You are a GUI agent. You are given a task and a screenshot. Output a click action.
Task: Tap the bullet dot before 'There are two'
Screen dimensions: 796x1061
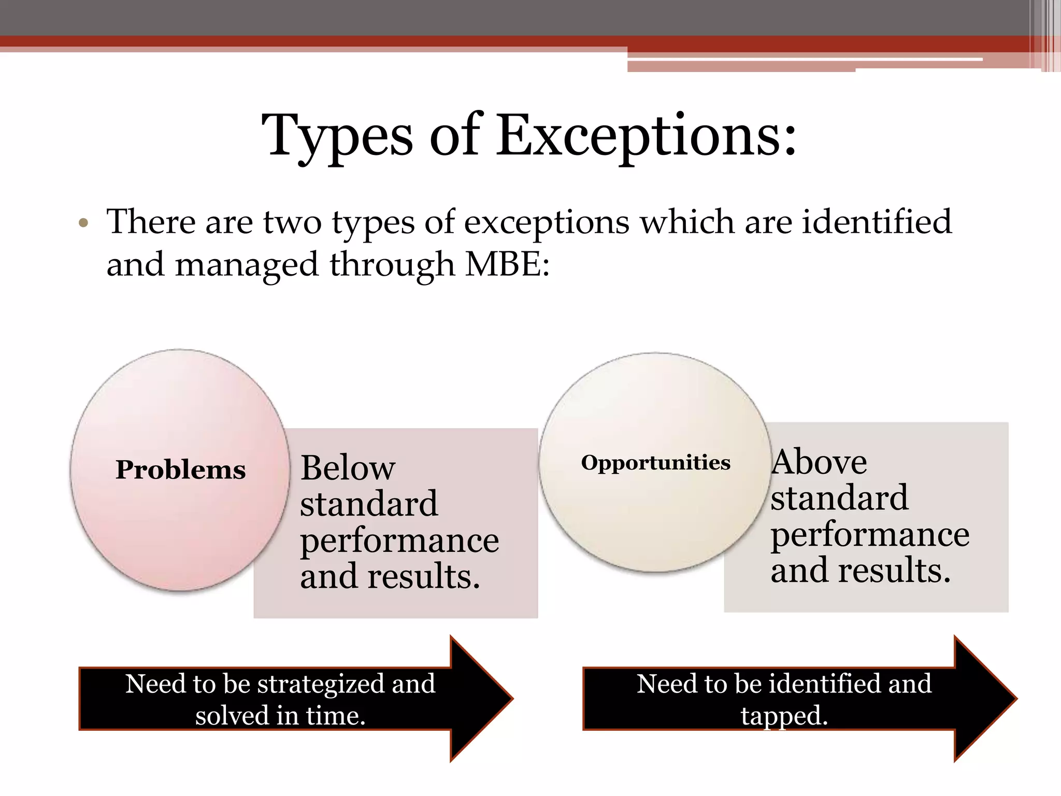pos(83,224)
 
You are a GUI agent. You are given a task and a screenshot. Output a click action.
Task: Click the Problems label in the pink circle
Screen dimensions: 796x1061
pos(180,470)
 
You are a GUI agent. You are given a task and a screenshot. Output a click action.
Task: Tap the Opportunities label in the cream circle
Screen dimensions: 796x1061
pos(655,462)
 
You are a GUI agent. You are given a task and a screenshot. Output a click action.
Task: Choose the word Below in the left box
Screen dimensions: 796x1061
pos(348,467)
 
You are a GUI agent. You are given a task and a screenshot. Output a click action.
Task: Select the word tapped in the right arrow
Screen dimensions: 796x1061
pos(784,716)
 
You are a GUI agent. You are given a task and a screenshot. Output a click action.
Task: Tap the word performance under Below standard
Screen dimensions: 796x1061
pos(399,541)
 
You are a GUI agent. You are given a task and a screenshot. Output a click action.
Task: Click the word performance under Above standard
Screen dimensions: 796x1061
pos(870,534)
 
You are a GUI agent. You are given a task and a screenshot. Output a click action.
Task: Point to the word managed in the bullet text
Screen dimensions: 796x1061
pos(246,265)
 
